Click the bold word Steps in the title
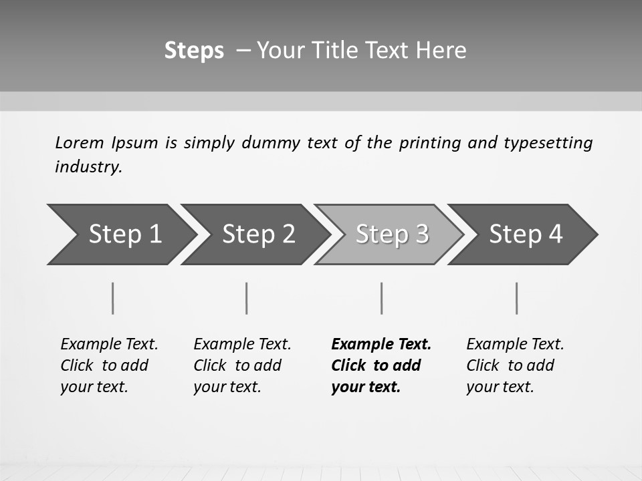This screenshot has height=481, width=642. coord(194,51)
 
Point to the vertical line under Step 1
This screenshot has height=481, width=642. coord(113,298)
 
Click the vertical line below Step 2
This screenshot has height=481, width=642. coord(247,298)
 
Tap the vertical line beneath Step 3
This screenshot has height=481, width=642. coord(382,298)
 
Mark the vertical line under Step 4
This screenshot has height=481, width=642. coord(517,298)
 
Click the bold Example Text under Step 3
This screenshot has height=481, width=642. coord(381,345)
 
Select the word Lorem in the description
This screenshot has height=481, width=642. coord(80,143)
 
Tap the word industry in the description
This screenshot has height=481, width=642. coord(88,167)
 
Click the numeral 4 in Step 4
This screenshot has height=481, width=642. coord(555,234)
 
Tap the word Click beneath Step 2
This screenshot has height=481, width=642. coord(210,366)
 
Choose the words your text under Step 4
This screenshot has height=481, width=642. coord(500,387)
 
